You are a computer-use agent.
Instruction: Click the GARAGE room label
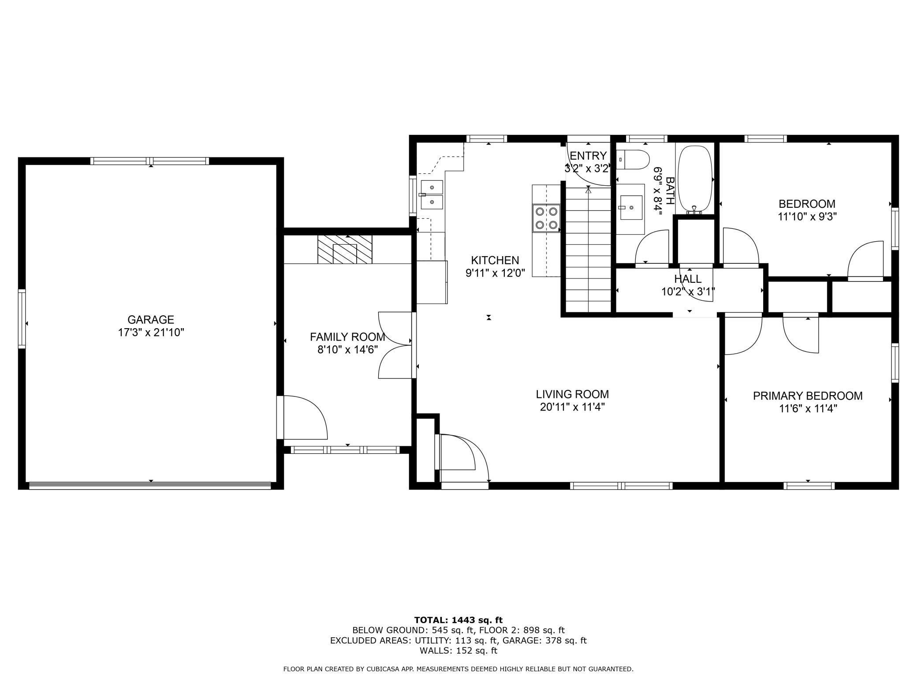pyautogui.click(x=151, y=319)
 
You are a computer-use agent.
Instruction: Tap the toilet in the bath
pyautogui.click(x=633, y=159)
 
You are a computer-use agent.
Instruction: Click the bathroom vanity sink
pyautogui.click(x=630, y=207)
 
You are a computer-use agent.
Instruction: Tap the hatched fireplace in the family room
pyautogui.click(x=345, y=249)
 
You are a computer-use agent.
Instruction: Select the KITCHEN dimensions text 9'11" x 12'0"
pyautogui.click(x=495, y=273)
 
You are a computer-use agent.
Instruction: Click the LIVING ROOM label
pyautogui.click(x=572, y=394)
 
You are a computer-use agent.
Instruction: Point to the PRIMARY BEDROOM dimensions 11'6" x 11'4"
pyautogui.click(x=808, y=409)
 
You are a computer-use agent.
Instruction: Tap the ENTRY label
pyautogui.click(x=588, y=156)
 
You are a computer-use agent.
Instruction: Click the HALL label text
pyautogui.click(x=688, y=279)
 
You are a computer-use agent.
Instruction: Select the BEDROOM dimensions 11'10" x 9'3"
pyautogui.click(x=807, y=217)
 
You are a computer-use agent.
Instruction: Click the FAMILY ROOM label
pyautogui.click(x=347, y=337)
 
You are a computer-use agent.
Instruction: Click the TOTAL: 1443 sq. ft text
pyautogui.click(x=458, y=620)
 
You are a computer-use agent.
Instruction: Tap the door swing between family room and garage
pyautogui.click(x=304, y=417)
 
